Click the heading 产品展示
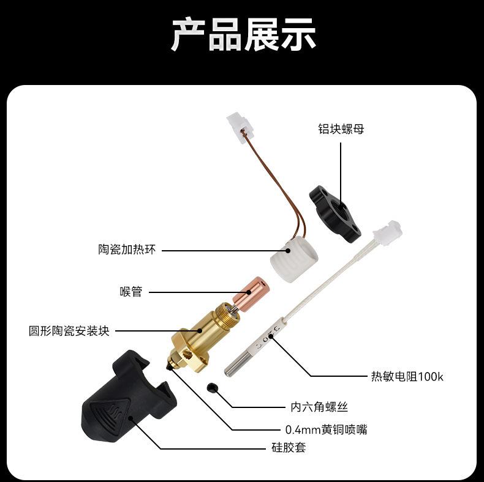point(243,35)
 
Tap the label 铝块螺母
point(341,129)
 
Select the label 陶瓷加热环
point(127,250)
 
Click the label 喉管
point(130,292)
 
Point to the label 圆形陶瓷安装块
point(69,331)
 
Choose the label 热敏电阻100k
point(407,376)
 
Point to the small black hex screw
point(213,388)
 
